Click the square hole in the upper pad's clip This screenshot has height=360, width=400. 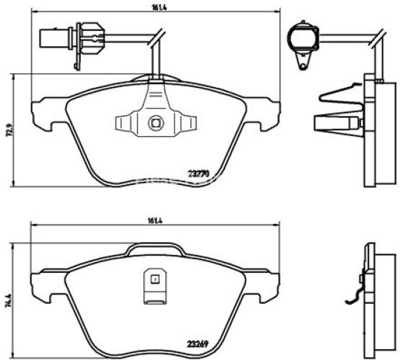(154, 122)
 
